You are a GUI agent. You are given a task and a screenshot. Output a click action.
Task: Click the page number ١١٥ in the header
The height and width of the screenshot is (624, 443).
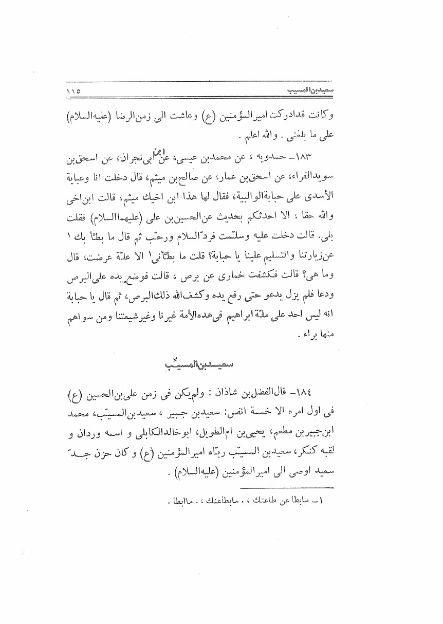[x=76, y=92]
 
